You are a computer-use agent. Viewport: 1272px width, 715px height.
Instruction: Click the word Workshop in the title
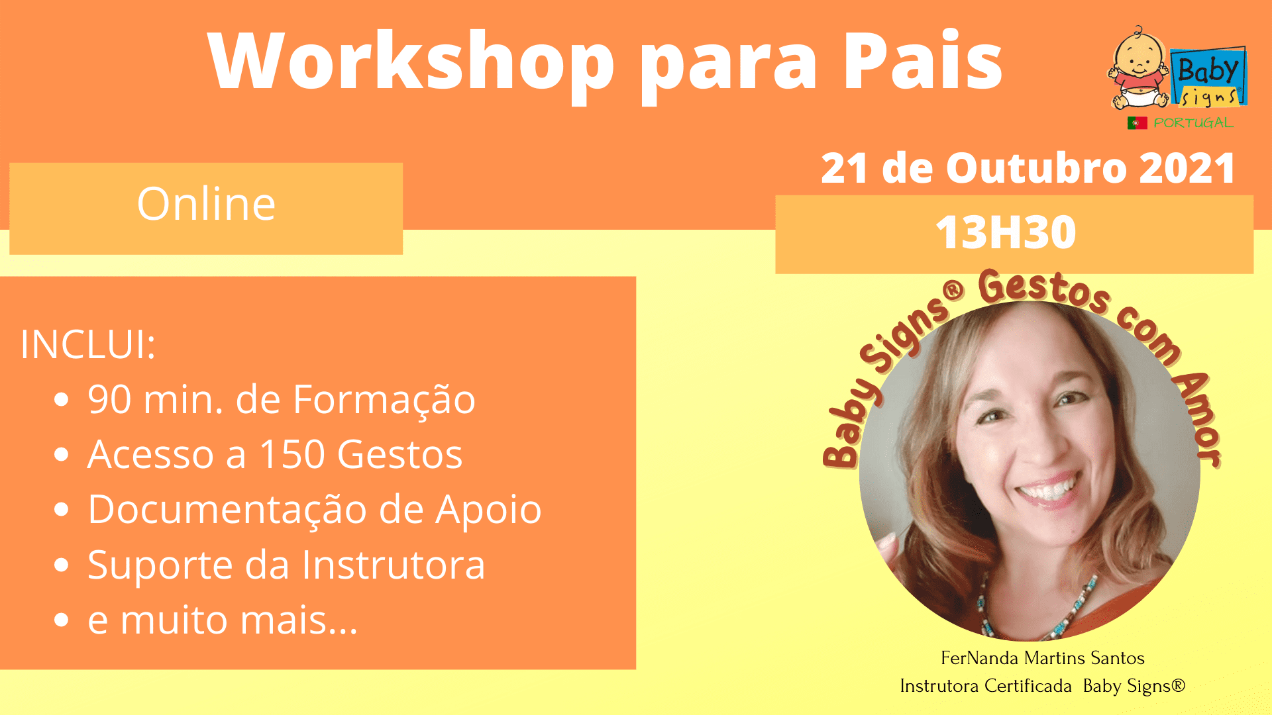[411, 62]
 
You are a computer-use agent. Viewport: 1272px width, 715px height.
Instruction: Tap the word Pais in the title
[923, 60]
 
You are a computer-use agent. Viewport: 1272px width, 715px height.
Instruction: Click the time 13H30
[1006, 232]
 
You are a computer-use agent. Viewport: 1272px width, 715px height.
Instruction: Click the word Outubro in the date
[1036, 168]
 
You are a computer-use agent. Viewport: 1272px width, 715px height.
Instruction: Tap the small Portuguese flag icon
[1137, 123]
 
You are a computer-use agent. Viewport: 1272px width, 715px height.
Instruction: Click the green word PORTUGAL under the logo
[1193, 122]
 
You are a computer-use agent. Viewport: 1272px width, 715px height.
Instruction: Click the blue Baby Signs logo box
[1208, 76]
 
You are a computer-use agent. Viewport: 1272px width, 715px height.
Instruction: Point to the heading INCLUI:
[88, 344]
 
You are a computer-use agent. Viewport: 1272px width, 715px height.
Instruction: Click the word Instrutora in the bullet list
[394, 565]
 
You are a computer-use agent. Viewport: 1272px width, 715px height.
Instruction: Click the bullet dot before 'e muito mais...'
[62, 620]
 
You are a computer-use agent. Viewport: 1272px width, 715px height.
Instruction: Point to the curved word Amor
[1196, 419]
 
